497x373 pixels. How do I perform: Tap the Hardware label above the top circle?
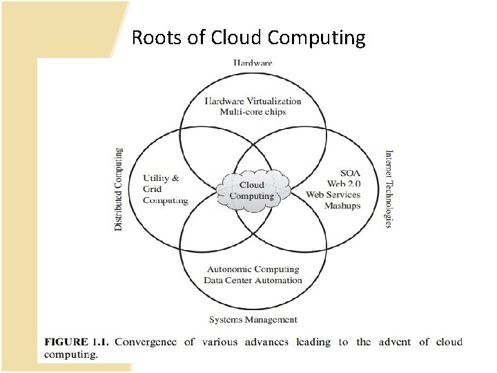[x=253, y=63]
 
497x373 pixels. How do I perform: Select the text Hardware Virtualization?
[x=253, y=101]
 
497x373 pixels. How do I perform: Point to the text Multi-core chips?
[x=253, y=112]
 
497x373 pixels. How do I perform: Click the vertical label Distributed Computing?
[x=119, y=189]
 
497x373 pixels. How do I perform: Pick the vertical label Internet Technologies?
[x=389, y=189]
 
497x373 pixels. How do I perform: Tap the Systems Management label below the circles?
[x=253, y=320]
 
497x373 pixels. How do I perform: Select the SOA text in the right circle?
[x=350, y=173]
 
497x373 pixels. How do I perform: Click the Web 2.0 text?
[x=343, y=184]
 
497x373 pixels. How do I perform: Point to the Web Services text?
[x=333, y=195]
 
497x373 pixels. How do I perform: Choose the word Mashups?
[x=342, y=206]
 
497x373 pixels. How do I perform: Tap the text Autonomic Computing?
[x=253, y=269]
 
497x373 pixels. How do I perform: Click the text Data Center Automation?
[x=253, y=280]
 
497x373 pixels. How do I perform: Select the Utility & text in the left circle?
[x=161, y=178]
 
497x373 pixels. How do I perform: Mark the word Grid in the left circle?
[x=153, y=189]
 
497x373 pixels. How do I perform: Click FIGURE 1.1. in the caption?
[x=77, y=342]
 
